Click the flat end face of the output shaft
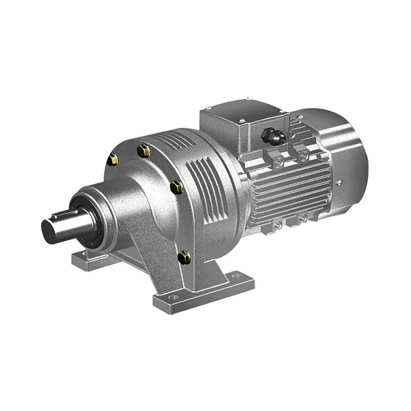click(x=49, y=232)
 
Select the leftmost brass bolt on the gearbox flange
click(x=112, y=159)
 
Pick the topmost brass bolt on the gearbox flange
click(x=144, y=150)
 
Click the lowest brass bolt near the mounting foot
click(x=185, y=256)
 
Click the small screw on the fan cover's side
click(x=340, y=182)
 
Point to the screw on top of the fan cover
click(x=300, y=117)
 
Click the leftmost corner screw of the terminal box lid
click(x=208, y=108)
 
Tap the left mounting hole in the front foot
click(x=174, y=298)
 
